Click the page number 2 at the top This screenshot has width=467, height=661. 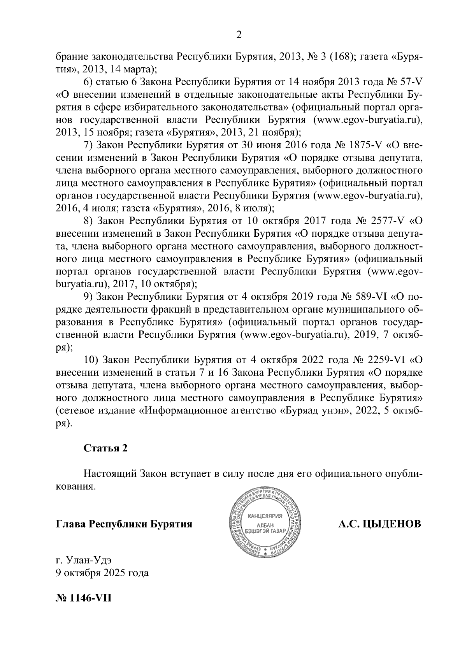(x=239, y=35)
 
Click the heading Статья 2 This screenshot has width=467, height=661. (x=105, y=448)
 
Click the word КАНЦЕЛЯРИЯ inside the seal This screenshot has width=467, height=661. (x=265, y=516)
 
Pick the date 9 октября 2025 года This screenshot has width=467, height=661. (x=102, y=573)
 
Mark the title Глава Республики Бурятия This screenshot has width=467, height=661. (x=124, y=524)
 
